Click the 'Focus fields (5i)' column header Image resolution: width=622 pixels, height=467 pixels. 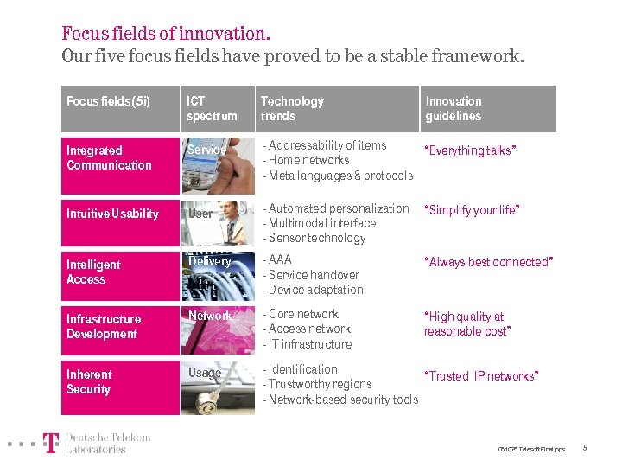(x=108, y=101)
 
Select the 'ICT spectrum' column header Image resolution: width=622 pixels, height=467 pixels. (x=212, y=108)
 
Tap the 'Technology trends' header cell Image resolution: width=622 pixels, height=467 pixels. (x=292, y=108)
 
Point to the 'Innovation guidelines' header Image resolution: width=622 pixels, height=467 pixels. (x=454, y=108)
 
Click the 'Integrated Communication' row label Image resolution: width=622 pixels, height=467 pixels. (x=109, y=157)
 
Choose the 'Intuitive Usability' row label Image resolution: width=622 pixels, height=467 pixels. (x=112, y=214)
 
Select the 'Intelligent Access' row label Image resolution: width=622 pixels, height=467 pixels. (x=93, y=272)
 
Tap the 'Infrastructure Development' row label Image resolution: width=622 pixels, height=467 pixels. (x=104, y=326)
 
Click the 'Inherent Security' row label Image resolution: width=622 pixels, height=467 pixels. (x=89, y=381)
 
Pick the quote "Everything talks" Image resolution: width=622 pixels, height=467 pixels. (x=470, y=150)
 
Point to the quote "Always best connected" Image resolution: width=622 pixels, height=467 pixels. (x=488, y=262)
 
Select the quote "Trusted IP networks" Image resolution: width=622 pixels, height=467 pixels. (x=481, y=376)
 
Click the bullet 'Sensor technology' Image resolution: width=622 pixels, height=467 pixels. (x=316, y=238)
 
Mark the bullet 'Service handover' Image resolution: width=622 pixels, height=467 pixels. (x=313, y=275)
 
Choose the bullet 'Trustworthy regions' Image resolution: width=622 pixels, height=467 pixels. (x=319, y=384)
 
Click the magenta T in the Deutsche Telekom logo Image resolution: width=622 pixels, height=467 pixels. (x=52, y=443)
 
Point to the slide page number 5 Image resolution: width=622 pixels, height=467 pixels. (x=585, y=447)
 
